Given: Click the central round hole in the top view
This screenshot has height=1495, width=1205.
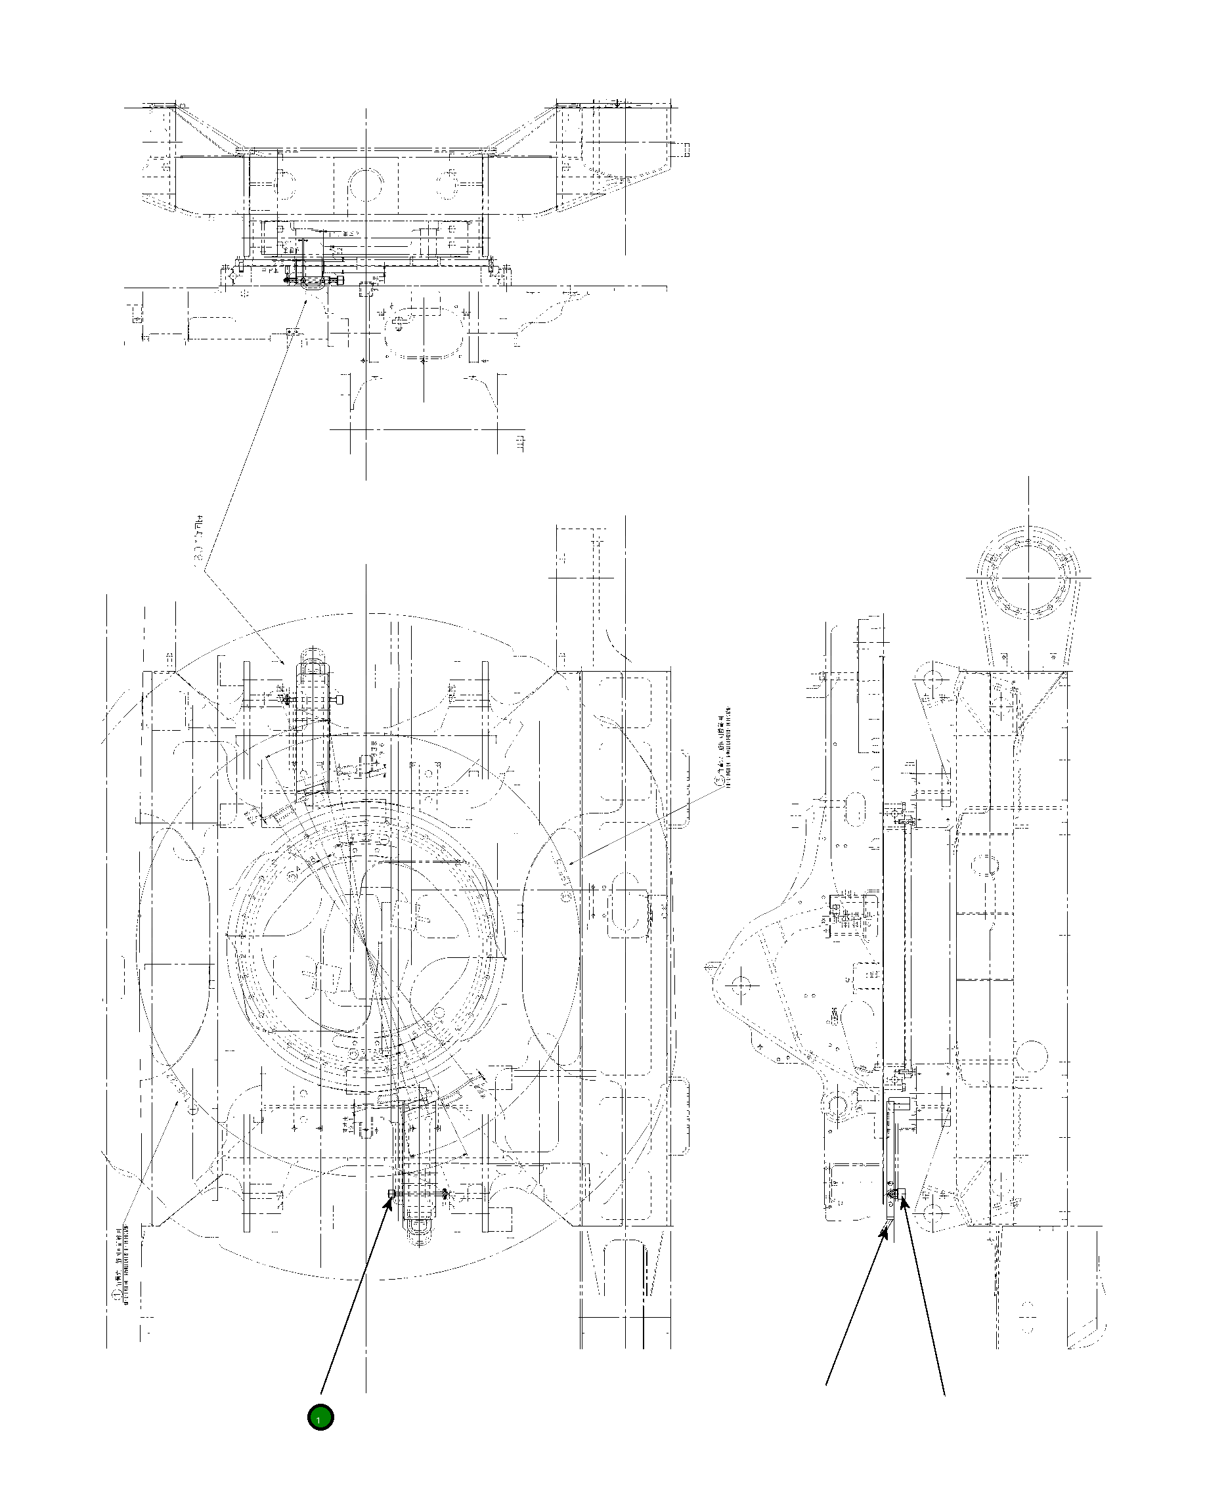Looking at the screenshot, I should coord(366,184).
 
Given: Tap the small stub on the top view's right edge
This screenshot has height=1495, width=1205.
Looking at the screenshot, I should coord(684,148).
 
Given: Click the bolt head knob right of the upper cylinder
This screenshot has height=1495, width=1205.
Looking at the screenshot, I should coord(340,699).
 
